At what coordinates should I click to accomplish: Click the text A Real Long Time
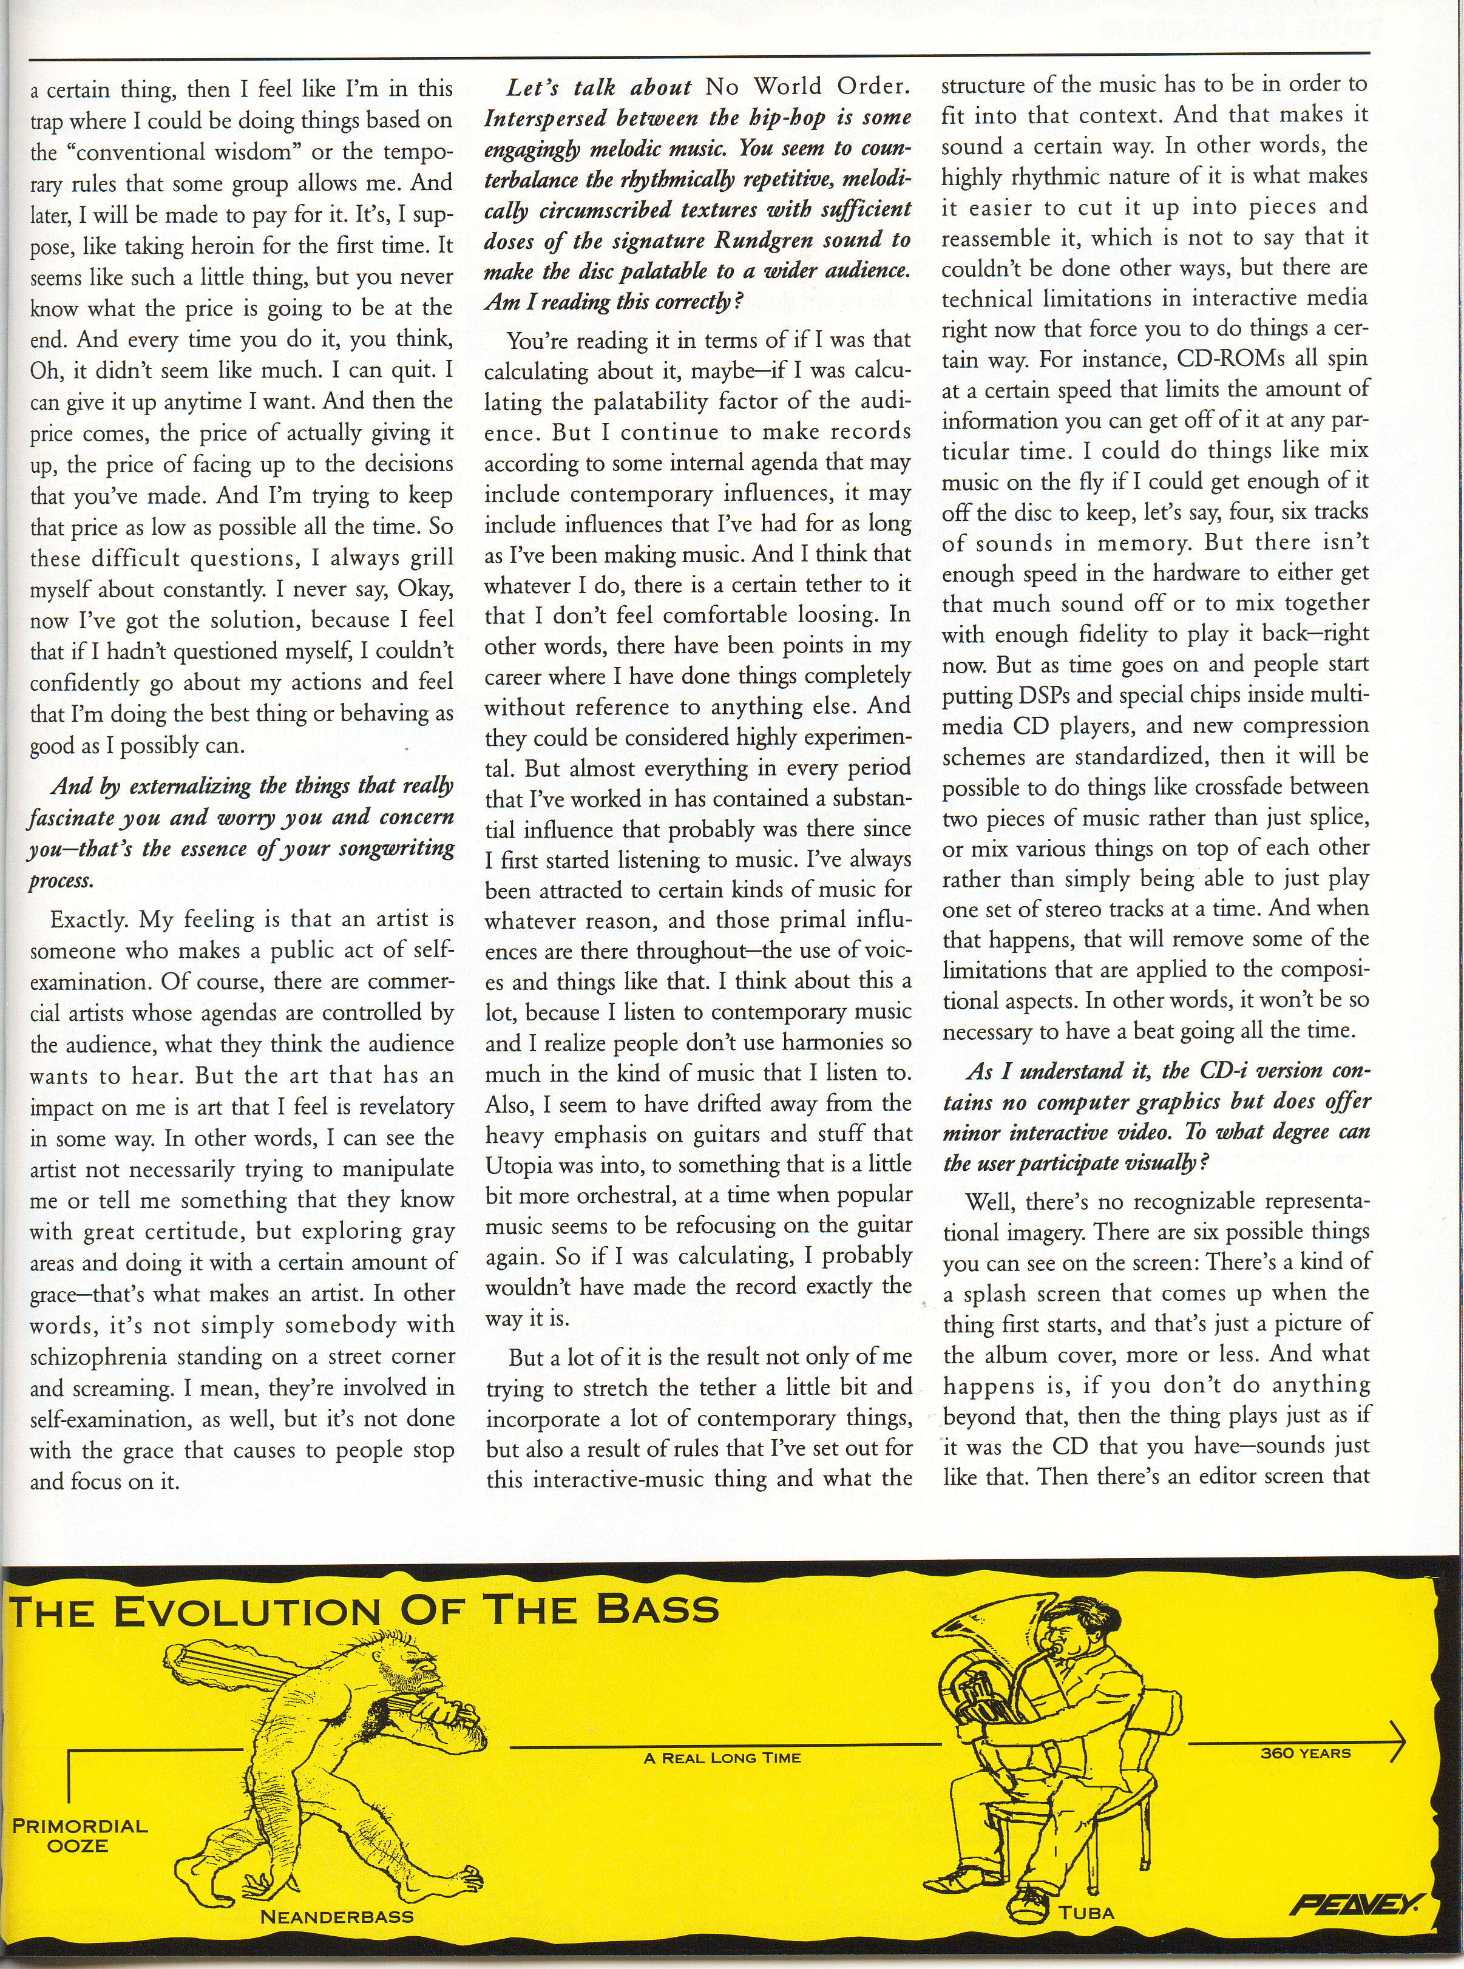[722, 1732]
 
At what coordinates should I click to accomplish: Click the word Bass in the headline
[656, 1608]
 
